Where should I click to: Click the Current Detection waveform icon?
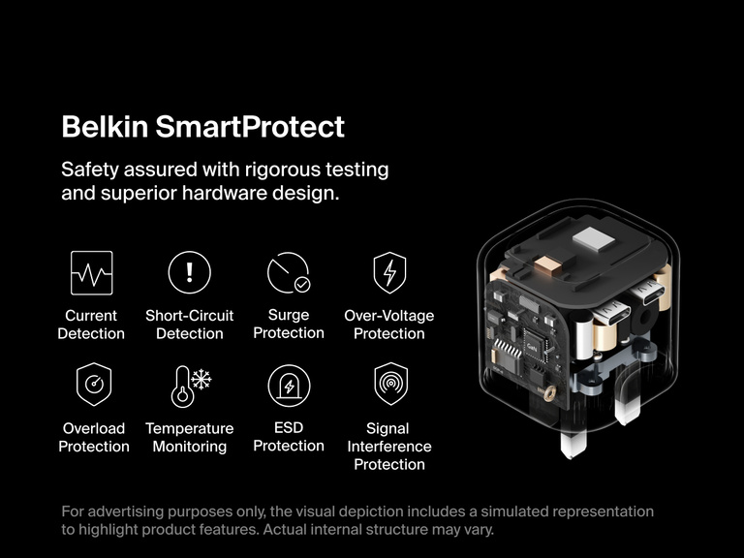[x=92, y=273]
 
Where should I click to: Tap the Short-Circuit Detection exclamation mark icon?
[x=189, y=273]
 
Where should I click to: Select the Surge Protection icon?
[x=288, y=273]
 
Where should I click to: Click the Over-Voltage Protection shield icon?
[x=389, y=273]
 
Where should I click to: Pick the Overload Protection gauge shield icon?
[x=94, y=385]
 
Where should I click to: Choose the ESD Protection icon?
[x=288, y=386]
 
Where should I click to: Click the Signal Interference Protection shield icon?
[x=389, y=385]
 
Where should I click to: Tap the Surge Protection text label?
[x=289, y=324]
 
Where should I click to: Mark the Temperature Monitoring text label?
[x=190, y=437]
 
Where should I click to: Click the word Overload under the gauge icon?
[x=94, y=428]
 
